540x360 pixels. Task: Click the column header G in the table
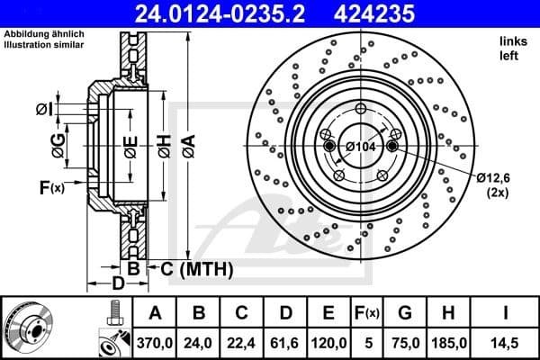point(407,313)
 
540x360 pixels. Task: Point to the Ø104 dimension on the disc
point(361,146)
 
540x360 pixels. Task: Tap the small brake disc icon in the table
point(31,327)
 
